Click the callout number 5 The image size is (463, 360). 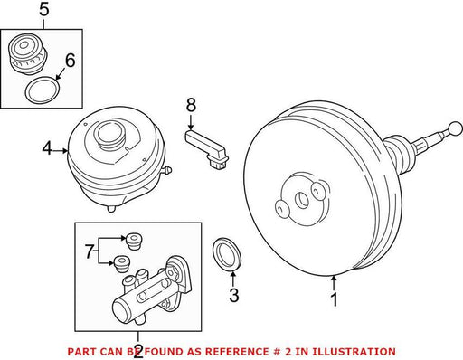44,10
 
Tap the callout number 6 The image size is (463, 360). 70,61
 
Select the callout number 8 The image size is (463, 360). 191,106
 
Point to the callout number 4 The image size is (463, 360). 47,148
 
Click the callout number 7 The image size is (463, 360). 89,251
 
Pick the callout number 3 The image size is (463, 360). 234,296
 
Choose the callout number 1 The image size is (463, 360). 334,299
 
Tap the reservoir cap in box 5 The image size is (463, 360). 28,53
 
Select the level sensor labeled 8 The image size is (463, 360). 208,148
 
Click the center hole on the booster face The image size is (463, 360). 302,200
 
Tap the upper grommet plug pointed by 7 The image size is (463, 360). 134,241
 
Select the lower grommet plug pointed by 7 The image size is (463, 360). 122,264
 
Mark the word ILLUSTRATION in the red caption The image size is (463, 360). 354,352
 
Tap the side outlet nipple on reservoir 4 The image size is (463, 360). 166,170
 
